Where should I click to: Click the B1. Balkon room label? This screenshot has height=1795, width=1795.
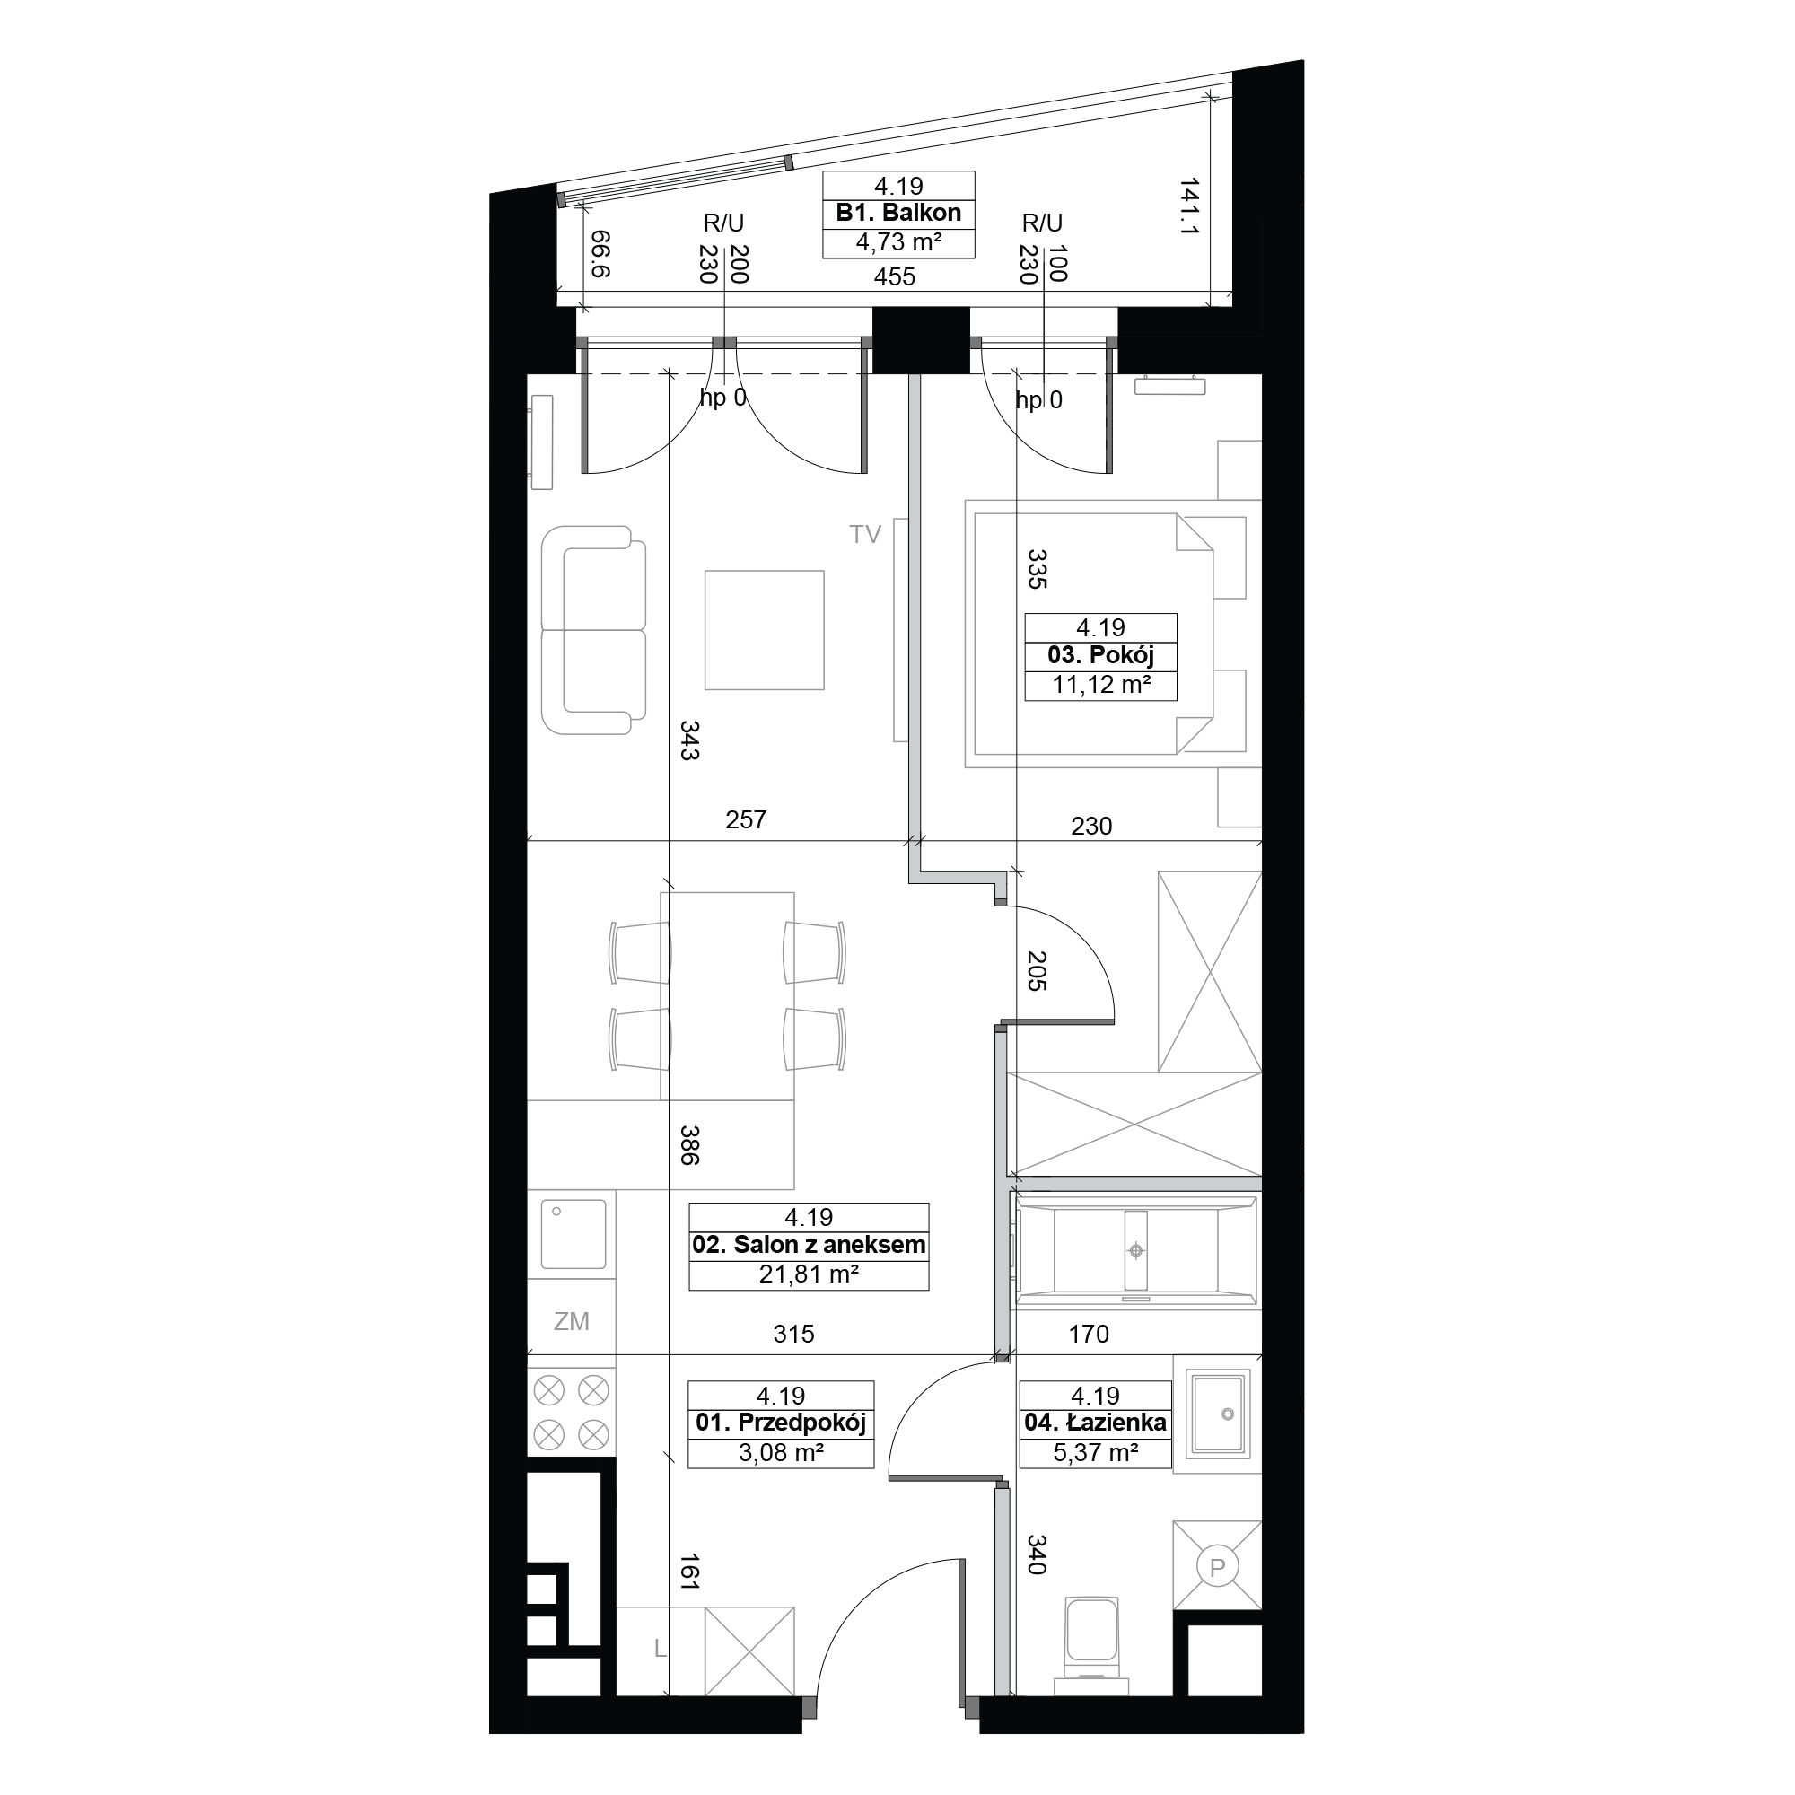[x=898, y=213]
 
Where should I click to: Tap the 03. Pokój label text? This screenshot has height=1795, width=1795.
[x=1100, y=655]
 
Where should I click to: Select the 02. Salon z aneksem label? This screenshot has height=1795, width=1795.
[x=809, y=1245]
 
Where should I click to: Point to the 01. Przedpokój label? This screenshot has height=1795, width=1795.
[x=781, y=1423]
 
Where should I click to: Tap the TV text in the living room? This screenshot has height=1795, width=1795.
[x=865, y=534]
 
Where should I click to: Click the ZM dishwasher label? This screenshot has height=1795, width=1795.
[x=572, y=1321]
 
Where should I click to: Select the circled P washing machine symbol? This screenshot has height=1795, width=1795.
[x=1217, y=1567]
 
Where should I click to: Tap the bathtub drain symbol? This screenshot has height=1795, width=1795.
[x=1135, y=1250]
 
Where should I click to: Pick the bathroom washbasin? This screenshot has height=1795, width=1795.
[x=1218, y=1414]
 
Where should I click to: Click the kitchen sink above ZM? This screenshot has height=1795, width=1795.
[x=574, y=1235]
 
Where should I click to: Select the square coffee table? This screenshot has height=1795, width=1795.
[x=764, y=630]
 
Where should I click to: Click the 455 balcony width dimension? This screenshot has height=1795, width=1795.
[x=894, y=276]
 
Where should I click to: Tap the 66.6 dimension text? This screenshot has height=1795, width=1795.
[x=601, y=255]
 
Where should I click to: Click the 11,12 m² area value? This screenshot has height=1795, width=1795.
[x=1101, y=686]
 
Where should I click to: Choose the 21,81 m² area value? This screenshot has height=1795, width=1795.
[x=809, y=1274]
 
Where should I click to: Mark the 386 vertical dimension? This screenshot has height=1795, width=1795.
[x=688, y=1144]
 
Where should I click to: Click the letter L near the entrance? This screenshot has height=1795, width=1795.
[x=661, y=1649]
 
